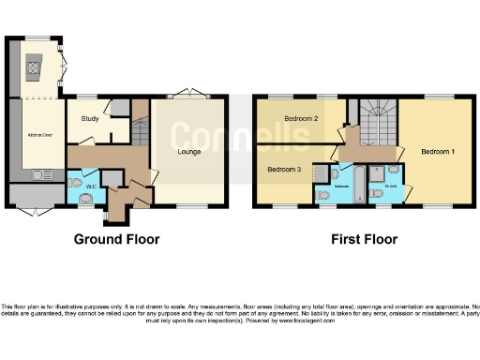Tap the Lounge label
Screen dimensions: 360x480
click(190, 150)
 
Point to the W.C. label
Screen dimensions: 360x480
click(89, 186)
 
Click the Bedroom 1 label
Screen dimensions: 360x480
click(438, 151)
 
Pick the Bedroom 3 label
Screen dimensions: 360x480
click(284, 170)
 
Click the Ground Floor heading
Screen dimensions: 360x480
click(117, 239)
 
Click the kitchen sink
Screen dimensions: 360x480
click(42, 174)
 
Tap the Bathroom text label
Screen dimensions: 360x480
click(341, 187)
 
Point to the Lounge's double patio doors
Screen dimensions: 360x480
click(187, 96)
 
